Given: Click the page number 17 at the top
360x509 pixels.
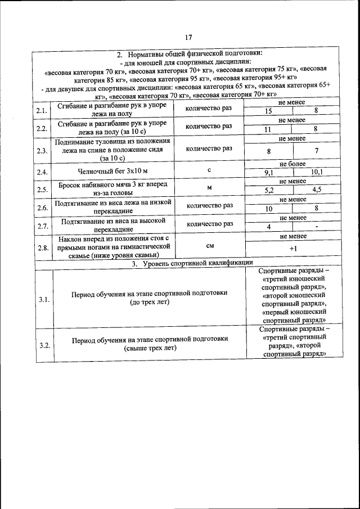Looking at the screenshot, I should (x=188, y=38).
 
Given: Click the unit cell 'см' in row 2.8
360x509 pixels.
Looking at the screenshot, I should (x=209, y=245).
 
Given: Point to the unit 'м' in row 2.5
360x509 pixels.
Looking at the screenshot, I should (x=209, y=188).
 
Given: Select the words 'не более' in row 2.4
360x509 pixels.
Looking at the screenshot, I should (x=292, y=164).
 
